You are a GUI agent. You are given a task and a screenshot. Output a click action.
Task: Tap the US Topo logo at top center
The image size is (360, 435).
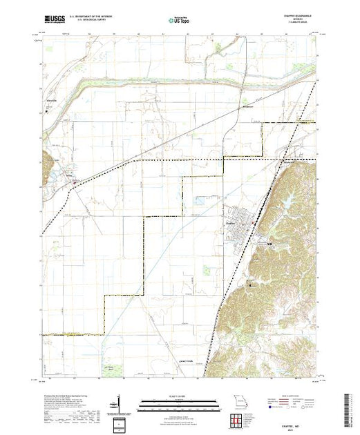click(179, 21)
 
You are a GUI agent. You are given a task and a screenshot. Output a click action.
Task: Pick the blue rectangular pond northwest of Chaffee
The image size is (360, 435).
click(199, 202)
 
